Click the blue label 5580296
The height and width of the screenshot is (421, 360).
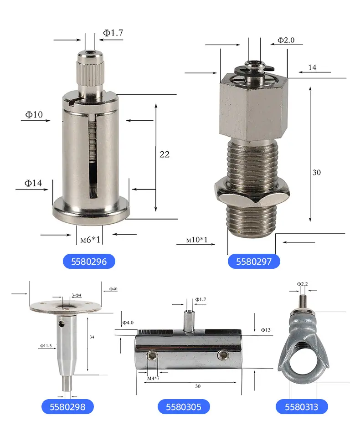89,261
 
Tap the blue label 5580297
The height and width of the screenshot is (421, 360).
254,261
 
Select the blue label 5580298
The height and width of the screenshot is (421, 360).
67,407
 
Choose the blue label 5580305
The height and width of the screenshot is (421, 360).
184,407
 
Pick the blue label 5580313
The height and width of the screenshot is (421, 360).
302,407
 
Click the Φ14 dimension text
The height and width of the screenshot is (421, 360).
33,183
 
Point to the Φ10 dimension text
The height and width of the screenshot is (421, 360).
34,115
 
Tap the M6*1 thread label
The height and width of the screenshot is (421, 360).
90,240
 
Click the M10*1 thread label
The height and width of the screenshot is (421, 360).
197,240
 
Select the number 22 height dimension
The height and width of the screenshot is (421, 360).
165,154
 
